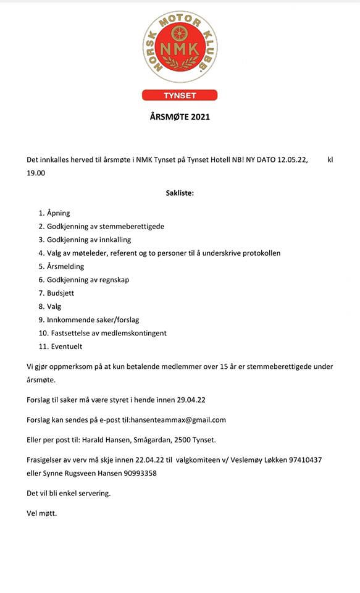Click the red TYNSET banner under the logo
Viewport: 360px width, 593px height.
tap(179, 96)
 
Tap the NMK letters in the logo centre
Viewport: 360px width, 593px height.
tap(179, 48)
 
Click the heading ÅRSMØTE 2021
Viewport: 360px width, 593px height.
tap(180, 116)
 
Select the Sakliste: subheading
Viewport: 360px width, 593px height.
tap(180, 193)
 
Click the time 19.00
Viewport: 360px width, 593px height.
tap(36, 173)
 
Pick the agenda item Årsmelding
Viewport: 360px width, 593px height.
tap(65, 266)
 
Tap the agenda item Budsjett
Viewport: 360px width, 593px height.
tap(61, 293)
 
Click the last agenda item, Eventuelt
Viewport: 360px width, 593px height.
tap(64, 347)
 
